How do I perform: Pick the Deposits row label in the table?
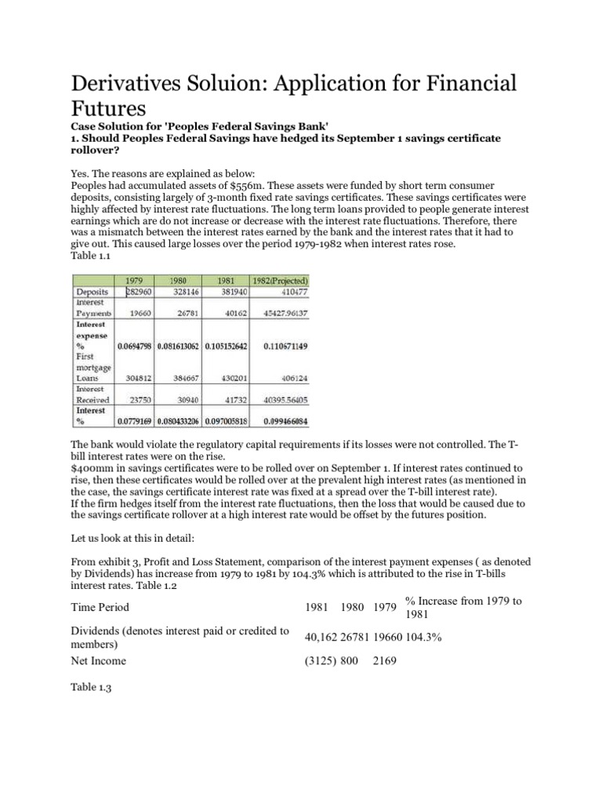click(93, 291)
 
